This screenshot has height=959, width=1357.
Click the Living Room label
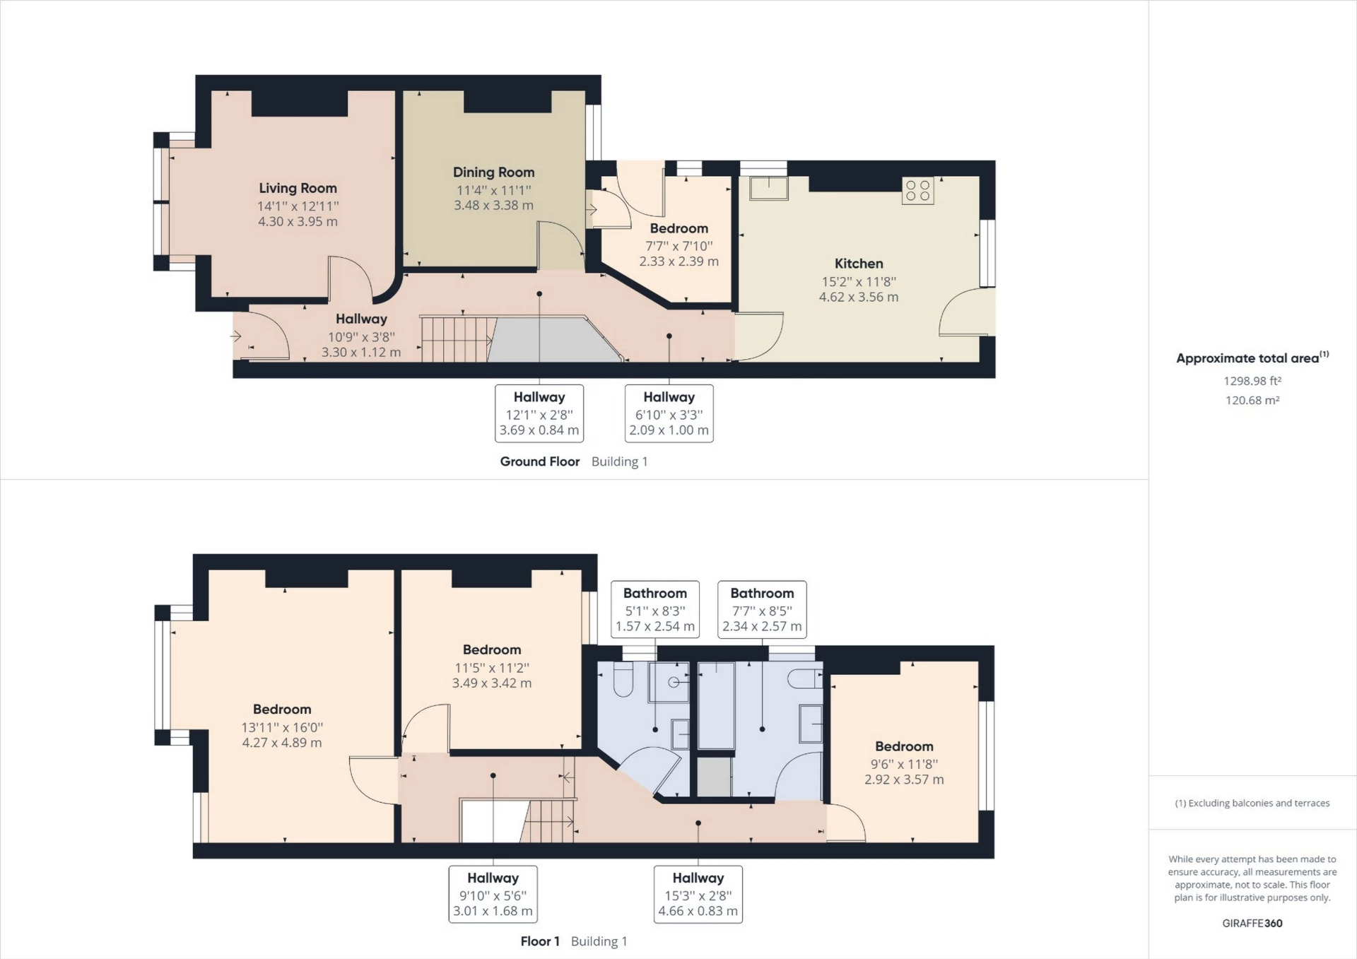(298, 188)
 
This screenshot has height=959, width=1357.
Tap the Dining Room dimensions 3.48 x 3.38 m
(493, 206)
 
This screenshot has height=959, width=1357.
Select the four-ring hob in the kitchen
(917, 190)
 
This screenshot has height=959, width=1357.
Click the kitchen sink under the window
(769, 188)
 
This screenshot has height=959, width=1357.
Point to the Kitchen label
(859, 264)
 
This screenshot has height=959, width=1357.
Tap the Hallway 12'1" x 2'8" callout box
(539, 413)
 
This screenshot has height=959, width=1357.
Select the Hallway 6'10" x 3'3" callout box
(669, 413)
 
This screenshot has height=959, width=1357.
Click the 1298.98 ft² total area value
(1252, 381)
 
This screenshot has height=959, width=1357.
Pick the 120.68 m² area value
(1252, 400)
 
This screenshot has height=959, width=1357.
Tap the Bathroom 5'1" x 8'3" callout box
(655, 609)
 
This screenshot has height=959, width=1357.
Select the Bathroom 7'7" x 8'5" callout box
(762, 609)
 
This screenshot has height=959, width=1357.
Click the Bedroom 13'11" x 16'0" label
(282, 710)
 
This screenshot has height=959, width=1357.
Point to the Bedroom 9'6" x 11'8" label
(904, 746)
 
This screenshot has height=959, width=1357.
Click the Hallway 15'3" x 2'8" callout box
(698, 894)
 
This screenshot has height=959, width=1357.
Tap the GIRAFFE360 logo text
(1252, 923)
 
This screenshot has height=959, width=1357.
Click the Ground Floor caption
(540, 461)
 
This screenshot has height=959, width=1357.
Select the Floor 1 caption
(540, 941)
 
